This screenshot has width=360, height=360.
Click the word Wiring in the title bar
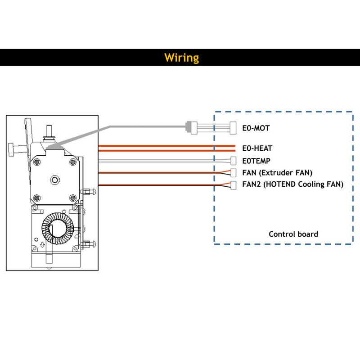point(181,58)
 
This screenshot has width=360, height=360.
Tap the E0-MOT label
point(256,128)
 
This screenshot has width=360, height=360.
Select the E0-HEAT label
point(257,148)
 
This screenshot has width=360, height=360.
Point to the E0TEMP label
point(256,160)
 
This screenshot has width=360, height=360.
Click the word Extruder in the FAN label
point(278,172)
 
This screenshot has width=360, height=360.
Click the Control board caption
point(293,234)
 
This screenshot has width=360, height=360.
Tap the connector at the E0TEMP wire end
point(233,160)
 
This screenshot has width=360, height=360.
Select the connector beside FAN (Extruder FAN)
point(233,172)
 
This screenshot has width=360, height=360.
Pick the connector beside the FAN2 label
point(233,184)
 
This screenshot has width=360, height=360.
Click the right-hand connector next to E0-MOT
point(233,128)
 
